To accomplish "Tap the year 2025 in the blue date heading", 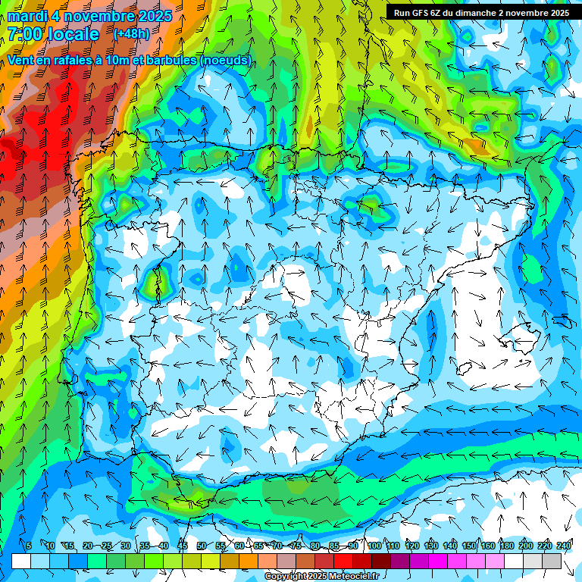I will pos(152,16).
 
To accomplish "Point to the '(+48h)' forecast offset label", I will pos(131,34).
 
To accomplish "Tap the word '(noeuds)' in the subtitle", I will pos(227,60).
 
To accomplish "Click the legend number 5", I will pos(29,546).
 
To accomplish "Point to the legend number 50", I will pos(201,546).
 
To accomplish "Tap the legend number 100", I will pos(374,546).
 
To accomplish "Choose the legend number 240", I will pos(564,546).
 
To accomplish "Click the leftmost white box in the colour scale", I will pos(21,561).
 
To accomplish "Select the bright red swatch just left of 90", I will pos(343,561).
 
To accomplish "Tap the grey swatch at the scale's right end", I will pos(552,561).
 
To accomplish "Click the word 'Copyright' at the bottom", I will pos(286,577).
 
